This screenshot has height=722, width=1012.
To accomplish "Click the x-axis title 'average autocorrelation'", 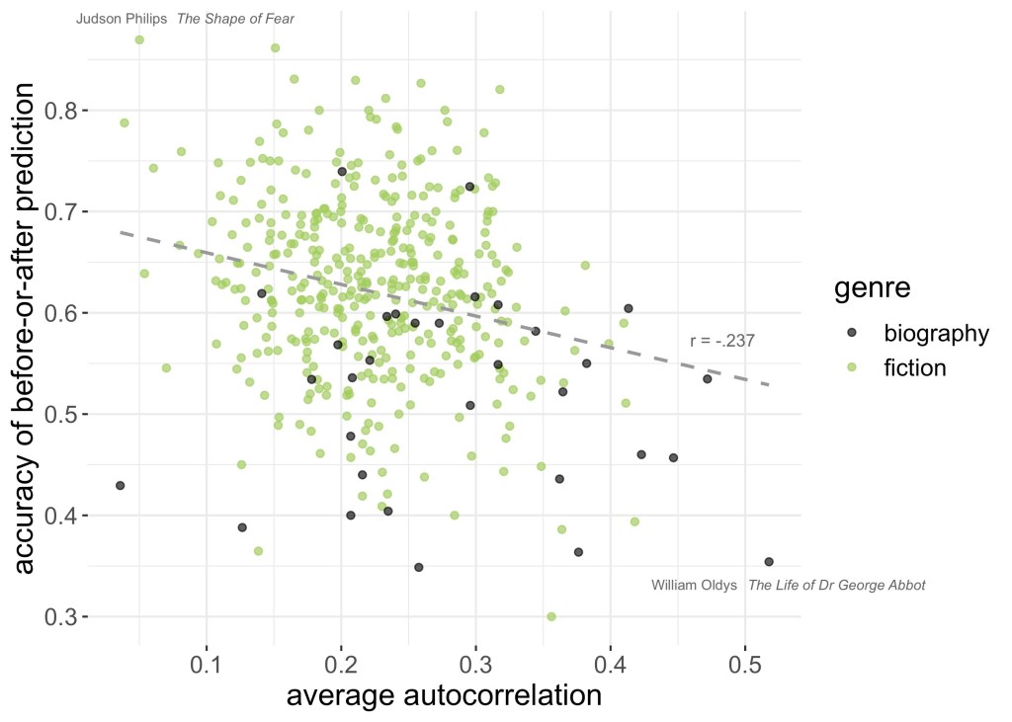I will [444, 696].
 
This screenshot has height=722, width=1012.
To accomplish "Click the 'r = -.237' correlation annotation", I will [722, 341].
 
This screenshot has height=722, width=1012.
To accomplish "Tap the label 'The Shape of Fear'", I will [235, 19].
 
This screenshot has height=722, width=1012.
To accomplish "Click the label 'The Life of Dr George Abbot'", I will [836, 585].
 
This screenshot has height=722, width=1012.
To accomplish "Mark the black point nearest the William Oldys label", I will [769, 561].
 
